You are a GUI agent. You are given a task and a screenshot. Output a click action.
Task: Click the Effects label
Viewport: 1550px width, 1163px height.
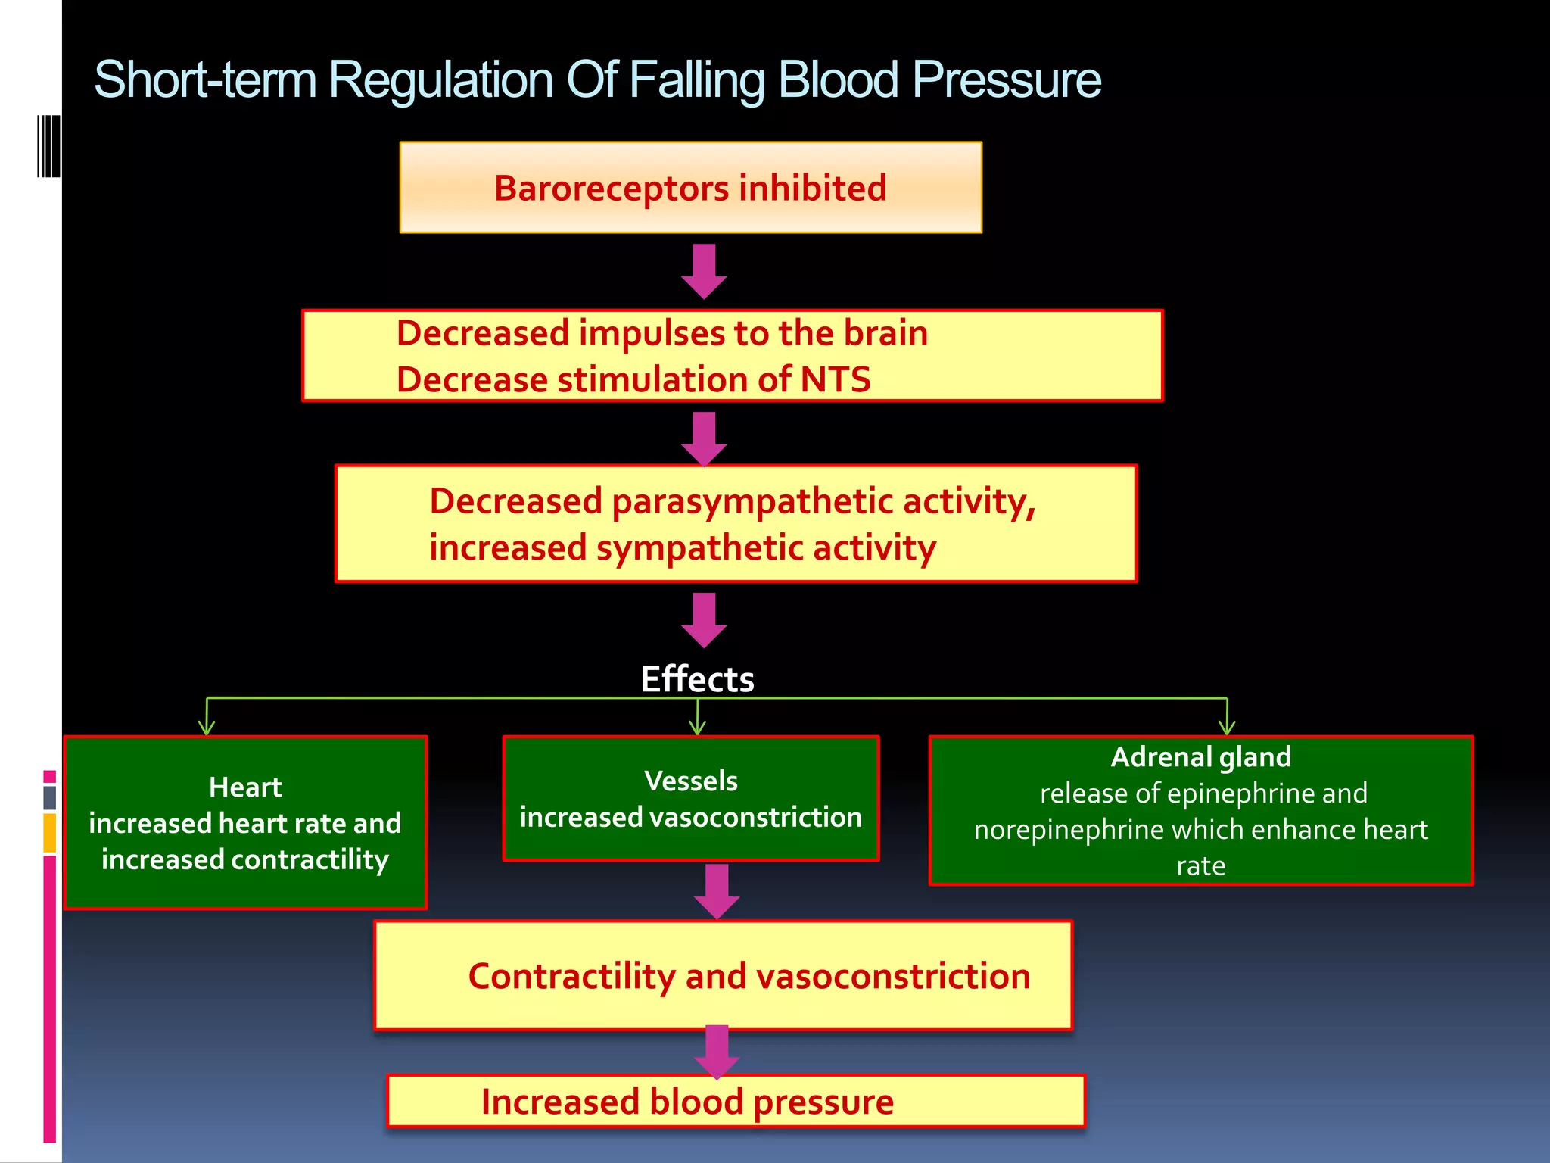(x=697, y=679)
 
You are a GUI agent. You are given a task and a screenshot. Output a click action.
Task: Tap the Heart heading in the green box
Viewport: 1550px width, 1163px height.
(x=245, y=787)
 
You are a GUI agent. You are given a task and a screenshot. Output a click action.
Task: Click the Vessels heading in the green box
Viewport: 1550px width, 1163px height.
(x=690, y=781)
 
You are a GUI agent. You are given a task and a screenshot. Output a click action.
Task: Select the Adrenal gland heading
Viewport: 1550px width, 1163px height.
(x=1200, y=757)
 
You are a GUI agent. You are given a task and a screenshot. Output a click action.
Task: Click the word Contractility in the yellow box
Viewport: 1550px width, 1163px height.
(x=571, y=977)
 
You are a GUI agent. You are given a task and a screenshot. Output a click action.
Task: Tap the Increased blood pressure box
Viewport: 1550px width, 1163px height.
(x=735, y=1102)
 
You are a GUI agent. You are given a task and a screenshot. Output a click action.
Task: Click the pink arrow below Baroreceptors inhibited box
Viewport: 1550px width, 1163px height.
(x=704, y=271)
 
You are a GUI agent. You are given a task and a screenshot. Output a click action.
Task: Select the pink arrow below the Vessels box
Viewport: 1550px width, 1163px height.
(x=716, y=891)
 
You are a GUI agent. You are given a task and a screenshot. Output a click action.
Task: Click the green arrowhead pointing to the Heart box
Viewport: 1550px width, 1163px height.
(x=207, y=728)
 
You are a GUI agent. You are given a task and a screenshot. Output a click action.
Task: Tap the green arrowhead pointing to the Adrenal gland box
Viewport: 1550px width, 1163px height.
(x=1227, y=728)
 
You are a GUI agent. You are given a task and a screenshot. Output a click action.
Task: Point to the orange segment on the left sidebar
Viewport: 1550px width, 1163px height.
(x=50, y=833)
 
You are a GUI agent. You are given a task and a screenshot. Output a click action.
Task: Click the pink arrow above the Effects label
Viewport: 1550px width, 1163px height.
(x=704, y=620)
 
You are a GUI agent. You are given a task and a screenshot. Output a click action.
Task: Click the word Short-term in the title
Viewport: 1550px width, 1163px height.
(x=205, y=80)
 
